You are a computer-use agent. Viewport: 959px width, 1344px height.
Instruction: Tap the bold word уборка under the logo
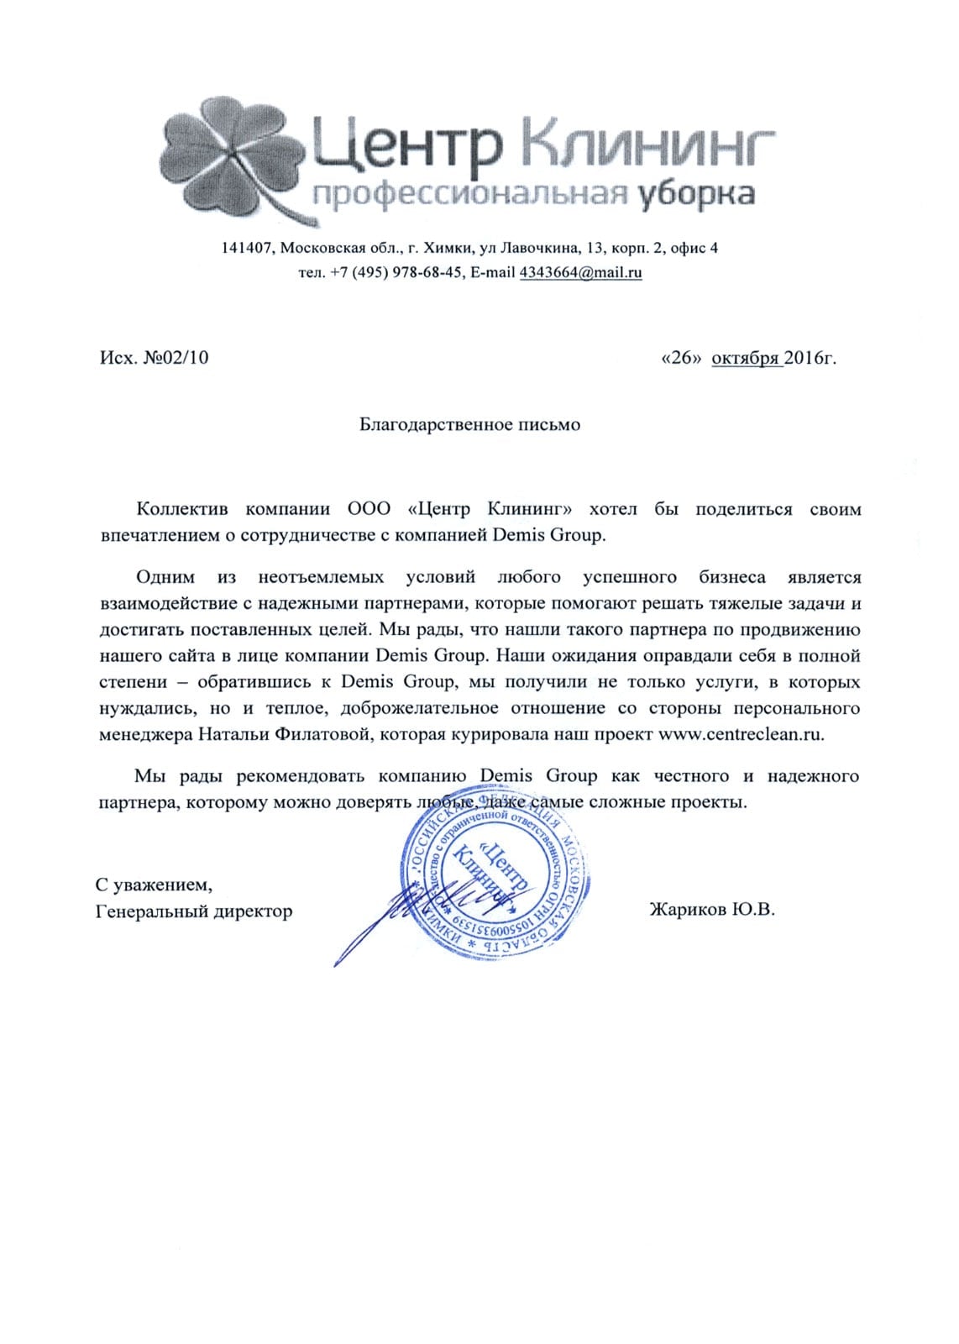695,194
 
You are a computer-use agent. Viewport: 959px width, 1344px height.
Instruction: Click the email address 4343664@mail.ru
580,272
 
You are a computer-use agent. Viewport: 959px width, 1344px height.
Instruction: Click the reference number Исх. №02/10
155,358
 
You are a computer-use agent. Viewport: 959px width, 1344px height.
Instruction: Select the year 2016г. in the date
811,358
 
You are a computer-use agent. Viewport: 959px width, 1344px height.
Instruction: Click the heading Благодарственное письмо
469,425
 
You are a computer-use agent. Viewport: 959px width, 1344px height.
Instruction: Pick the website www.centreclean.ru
742,734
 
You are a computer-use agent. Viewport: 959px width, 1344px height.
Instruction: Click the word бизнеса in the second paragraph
732,578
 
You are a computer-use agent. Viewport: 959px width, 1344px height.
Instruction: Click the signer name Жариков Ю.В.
711,910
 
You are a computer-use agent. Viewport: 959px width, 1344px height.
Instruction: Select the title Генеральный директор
194,911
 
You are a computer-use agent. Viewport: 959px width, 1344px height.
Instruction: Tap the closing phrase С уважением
154,885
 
